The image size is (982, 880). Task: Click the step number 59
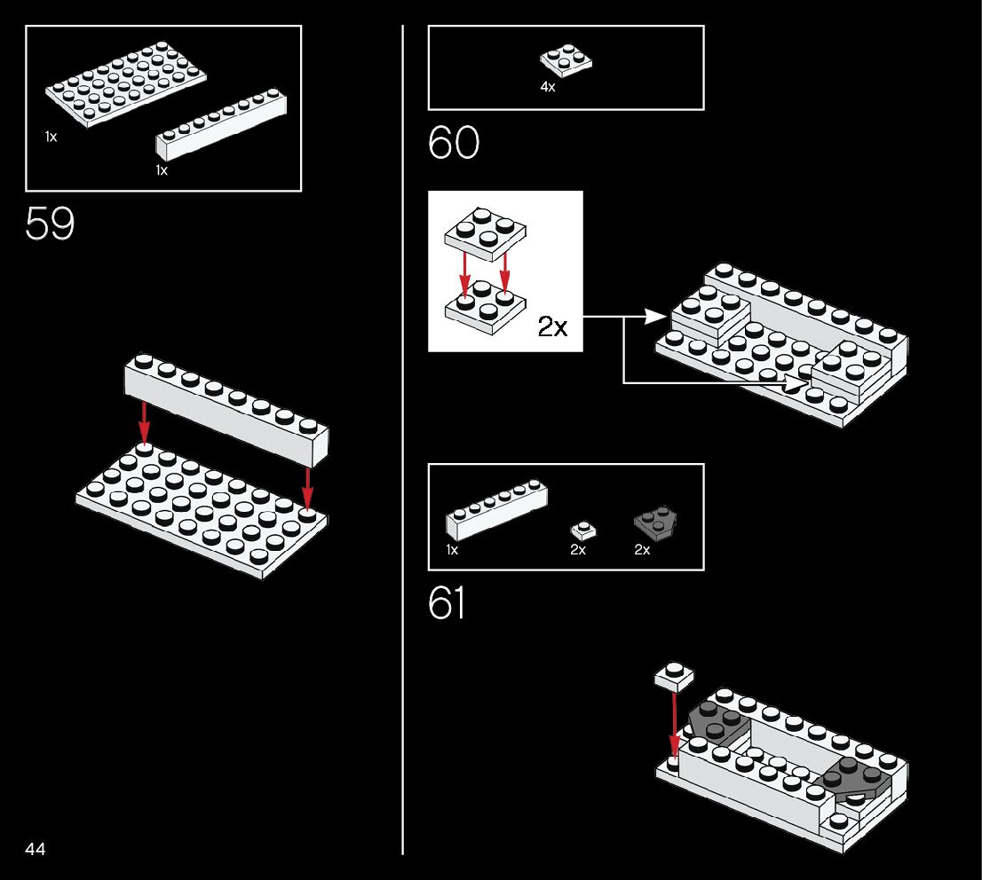click(x=50, y=224)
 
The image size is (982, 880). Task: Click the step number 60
click(x=453, y=143)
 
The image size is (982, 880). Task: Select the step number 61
click(x=447, y=604)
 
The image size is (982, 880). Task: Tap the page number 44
click(x=36, y=849)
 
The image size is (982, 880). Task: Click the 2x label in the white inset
click(x=552, y=327)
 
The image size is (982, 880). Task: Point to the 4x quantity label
click(x=548, y=87)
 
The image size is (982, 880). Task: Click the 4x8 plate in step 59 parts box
click(x=124, y=83)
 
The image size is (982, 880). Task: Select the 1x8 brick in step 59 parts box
click(x=222, y=125)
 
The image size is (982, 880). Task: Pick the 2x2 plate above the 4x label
click(x=566, y=60)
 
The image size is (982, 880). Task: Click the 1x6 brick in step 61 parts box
click(x=495, y=512)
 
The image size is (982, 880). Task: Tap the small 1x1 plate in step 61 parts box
click(x=582, y=530)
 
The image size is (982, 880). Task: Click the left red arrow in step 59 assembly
click(x=144, y=422)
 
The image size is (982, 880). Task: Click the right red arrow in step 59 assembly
click(x=307, y=487)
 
